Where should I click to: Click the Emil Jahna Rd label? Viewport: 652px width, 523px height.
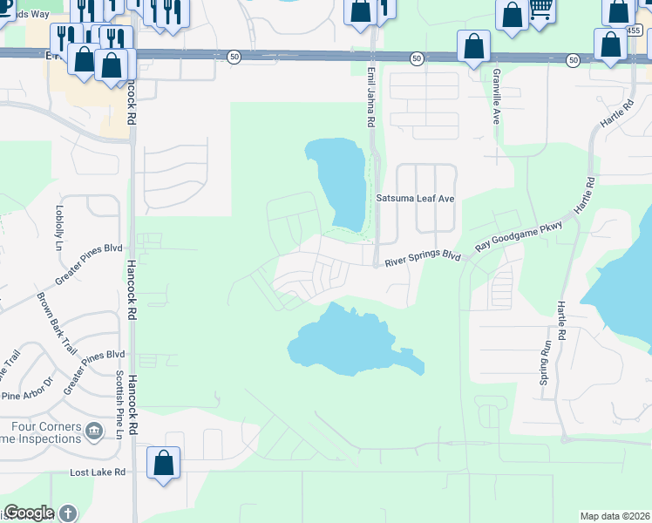370,93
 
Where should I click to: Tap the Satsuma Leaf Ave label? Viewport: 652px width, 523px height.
416,199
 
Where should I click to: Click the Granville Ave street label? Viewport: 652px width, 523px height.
496,96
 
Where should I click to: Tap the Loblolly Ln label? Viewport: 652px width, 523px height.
60,223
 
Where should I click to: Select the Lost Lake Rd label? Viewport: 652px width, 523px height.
98,472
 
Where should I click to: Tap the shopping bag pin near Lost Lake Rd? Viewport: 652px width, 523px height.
164,463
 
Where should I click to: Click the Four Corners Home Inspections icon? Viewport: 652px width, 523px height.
93,429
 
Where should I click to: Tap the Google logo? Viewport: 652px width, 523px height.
28,513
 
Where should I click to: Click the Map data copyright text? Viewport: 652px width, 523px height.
615,516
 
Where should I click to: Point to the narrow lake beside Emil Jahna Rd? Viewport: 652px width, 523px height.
341,183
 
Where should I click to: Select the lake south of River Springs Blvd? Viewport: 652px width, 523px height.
344,342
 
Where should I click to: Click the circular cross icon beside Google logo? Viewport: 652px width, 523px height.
67,513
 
